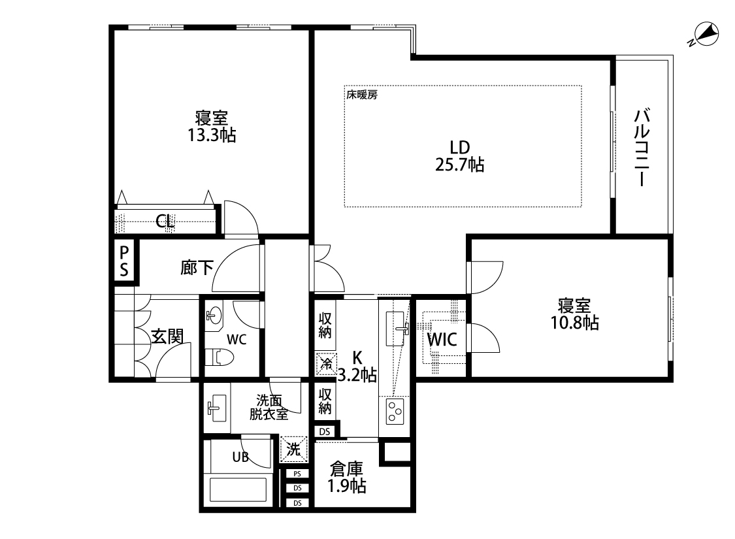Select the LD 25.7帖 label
click(459, 155)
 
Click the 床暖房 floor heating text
click(362, 94)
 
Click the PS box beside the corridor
click(124, 261)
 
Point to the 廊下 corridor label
click(197, 267)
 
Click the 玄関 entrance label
click(167, 336)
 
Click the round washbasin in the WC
click(214, 316)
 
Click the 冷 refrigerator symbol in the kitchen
click(326, 363)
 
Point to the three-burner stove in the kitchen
click(394, 412)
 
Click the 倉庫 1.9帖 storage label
click(346, 478)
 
